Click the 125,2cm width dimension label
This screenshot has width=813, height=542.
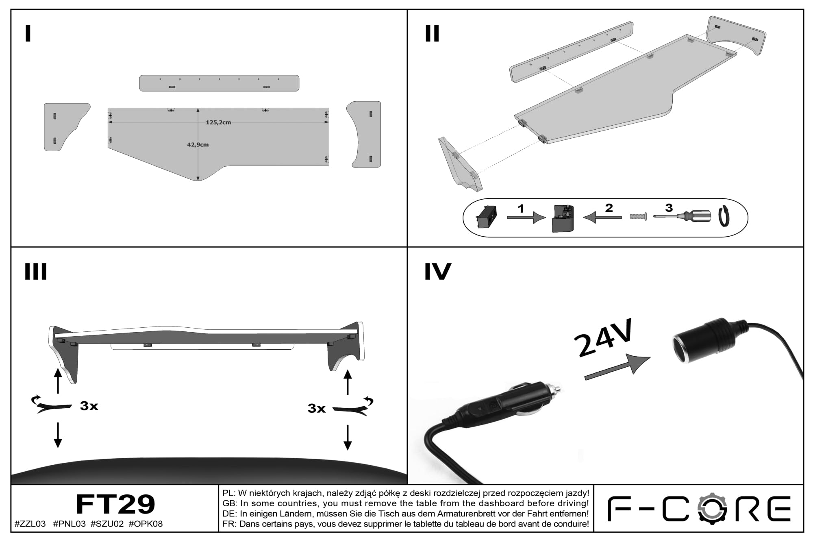click(218, 122)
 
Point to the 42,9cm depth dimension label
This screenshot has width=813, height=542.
click(198, 145)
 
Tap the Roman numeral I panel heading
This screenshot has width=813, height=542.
click(28, 34)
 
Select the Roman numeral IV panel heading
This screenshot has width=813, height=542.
click(438, 272)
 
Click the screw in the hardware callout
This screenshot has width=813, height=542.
click(638, 217)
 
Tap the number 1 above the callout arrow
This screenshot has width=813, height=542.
click(521, 209)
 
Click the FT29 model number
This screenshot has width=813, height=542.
click(115, 505)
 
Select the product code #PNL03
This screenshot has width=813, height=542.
click(70, 524)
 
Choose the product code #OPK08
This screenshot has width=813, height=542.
click(146, 524)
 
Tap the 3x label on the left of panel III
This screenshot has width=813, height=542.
click(89, 406)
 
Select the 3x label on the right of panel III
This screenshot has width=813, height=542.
click(317, 408)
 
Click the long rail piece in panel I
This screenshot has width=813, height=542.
click(219, 83)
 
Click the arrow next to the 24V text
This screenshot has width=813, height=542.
click(617, 367)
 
